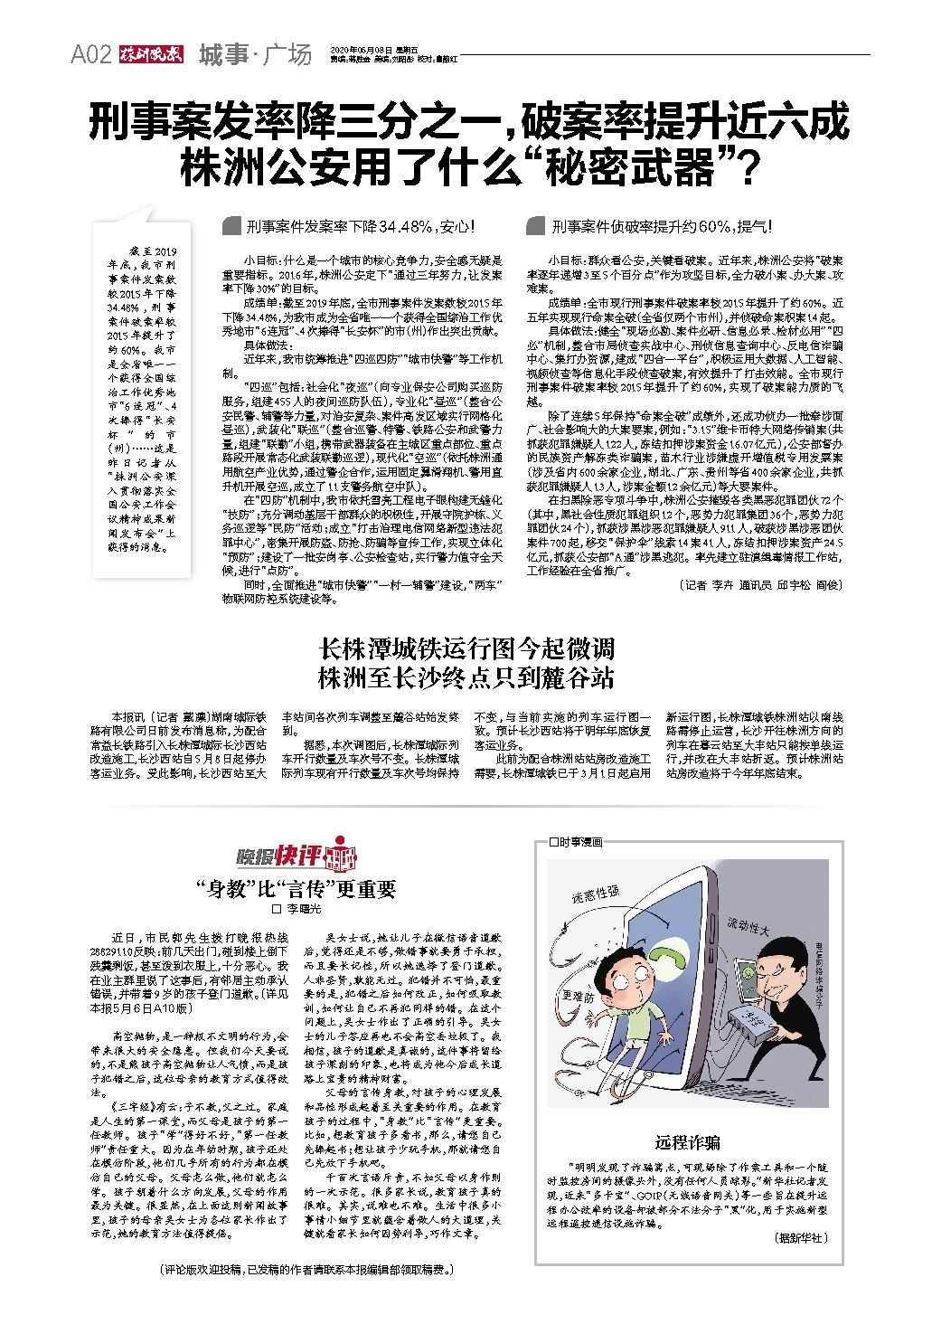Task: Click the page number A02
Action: click(90, 55)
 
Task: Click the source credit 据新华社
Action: click(801, 1237)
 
